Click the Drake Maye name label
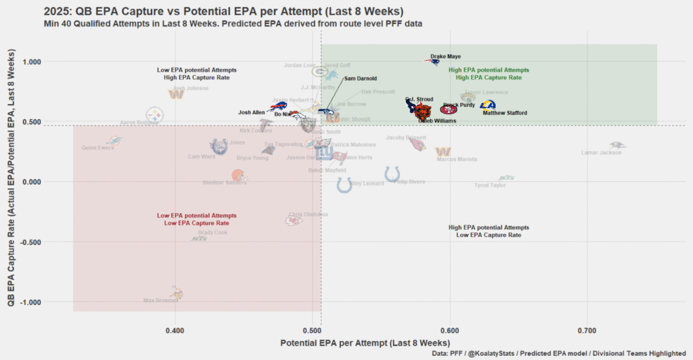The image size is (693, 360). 445,57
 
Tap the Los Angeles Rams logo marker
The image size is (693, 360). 487,105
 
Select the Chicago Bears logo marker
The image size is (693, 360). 423,113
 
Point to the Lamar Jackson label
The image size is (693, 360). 601,153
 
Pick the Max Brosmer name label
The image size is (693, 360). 160,300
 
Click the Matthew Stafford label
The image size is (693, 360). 504,113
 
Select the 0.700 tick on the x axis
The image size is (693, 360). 587,332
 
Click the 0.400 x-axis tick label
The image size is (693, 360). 175,332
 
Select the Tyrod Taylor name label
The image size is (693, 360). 490,185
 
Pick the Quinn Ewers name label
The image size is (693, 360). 97,148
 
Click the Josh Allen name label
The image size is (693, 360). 251,112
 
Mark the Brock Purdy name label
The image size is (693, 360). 459,105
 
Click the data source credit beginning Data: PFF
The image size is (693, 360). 560,353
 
